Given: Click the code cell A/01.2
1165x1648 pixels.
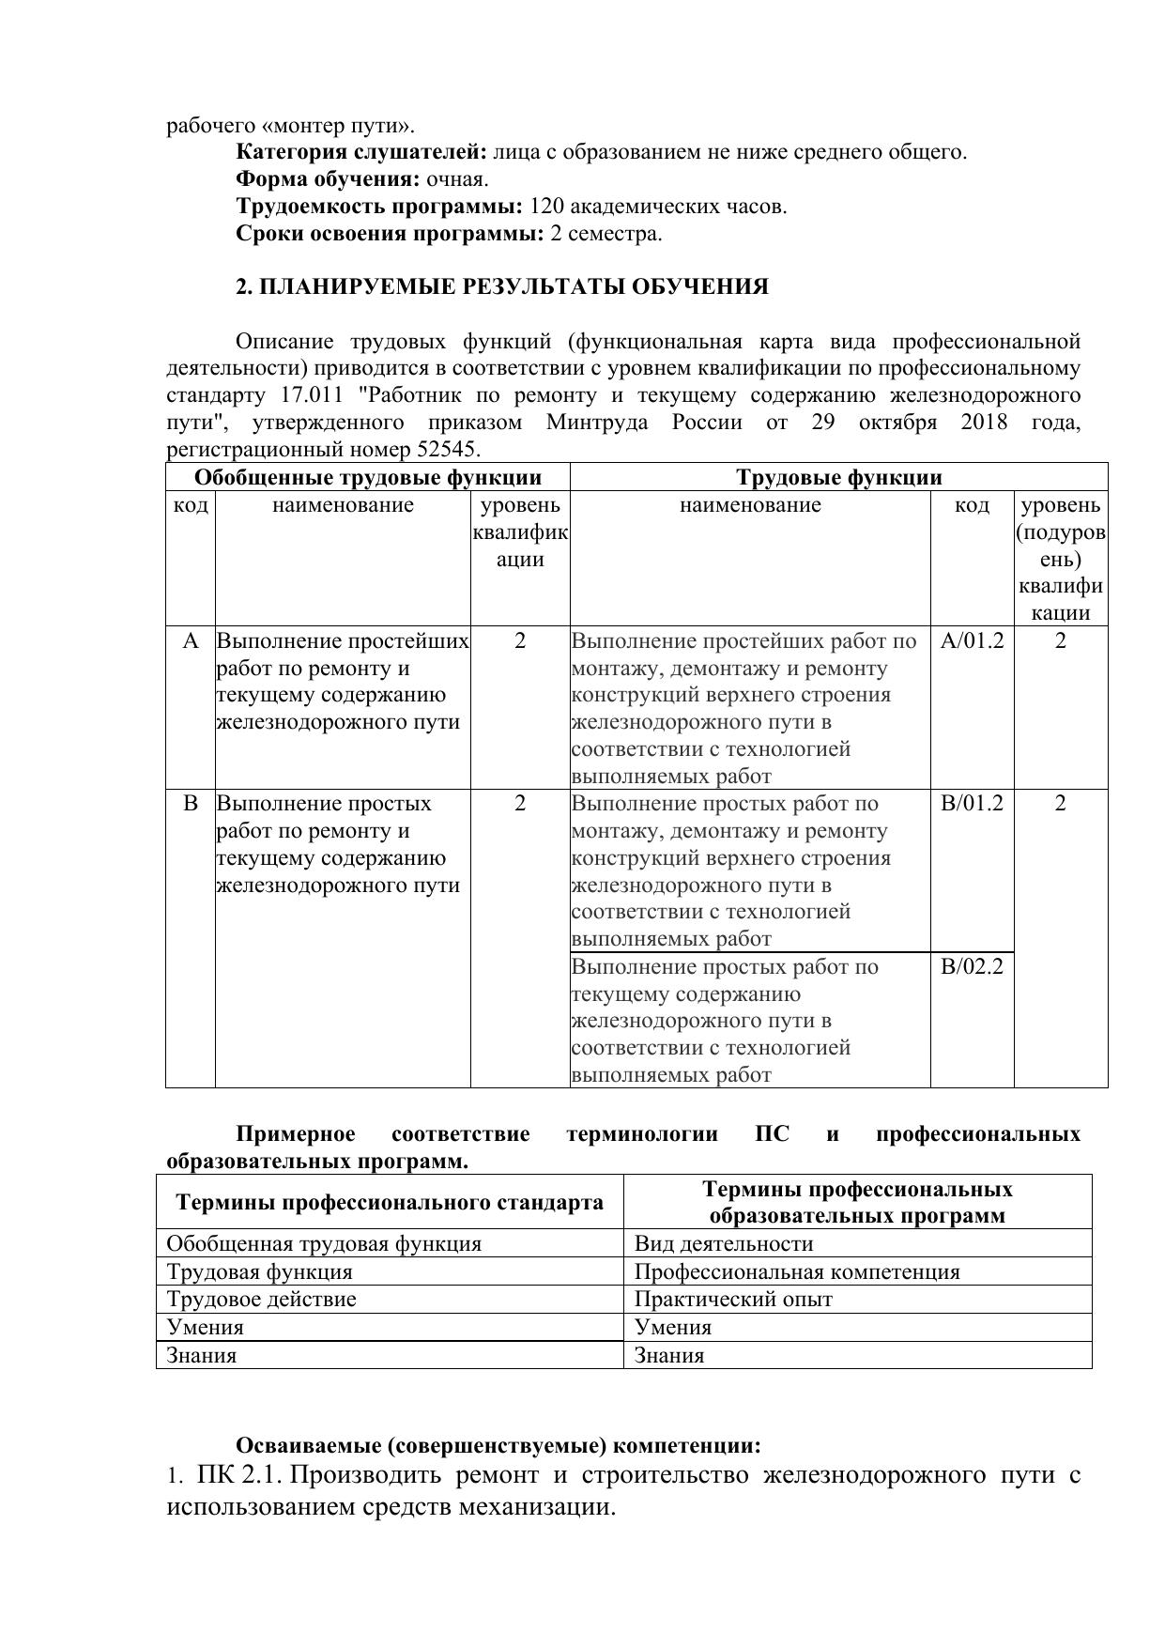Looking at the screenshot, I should (972, 641).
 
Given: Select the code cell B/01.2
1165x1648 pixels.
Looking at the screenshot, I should (972, 804).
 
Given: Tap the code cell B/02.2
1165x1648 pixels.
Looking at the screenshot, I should (972, 966).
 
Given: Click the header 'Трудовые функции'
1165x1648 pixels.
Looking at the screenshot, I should (838, 477).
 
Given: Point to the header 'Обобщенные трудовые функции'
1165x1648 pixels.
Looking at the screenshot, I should (367, 477).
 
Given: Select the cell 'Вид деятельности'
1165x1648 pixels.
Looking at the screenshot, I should (724, 1243).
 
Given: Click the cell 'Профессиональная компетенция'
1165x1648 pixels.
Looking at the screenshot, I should (797, 1271).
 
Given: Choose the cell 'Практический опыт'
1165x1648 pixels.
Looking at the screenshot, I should (733, 1299).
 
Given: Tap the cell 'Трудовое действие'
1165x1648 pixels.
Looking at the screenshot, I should (261, 1299).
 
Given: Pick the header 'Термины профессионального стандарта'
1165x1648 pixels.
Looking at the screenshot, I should (390, 1202).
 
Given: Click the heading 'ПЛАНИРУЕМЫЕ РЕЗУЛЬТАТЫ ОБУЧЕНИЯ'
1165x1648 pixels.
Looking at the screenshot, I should (513, 286).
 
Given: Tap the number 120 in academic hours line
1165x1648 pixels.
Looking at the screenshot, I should (546, 206).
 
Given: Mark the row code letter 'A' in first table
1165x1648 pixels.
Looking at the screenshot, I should (191, 641).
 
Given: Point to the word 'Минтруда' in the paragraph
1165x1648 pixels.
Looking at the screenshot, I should (596, 423).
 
